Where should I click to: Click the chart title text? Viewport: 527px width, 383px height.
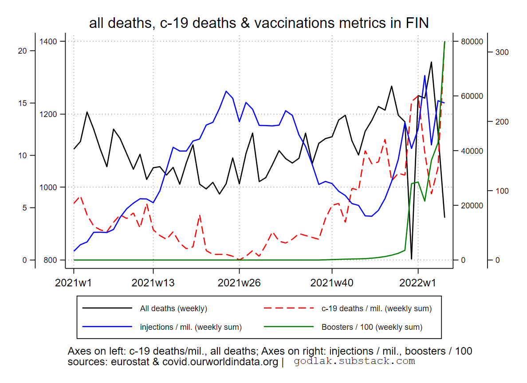point(259,23)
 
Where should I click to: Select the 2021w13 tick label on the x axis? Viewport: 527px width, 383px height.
point(153,282)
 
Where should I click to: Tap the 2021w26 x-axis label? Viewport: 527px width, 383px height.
point(239,282)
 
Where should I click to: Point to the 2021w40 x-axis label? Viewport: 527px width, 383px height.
point(332,282)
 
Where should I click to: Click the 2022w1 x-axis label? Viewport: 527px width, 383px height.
point(418,282)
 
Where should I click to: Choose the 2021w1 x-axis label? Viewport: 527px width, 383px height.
point(74,282)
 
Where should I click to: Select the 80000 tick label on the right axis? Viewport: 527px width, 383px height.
point(468,42)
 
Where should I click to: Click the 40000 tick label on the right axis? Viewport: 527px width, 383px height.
point(468,151)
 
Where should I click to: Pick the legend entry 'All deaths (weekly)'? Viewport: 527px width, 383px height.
point(173,309)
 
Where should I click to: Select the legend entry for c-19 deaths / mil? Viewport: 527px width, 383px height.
point(376,309)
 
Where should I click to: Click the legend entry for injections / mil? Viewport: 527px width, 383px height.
point(191,327)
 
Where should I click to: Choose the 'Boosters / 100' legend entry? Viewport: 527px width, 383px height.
point(372,327)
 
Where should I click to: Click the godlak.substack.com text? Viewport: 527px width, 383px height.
point(354,361)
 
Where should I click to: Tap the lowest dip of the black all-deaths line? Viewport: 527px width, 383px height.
point(412,258)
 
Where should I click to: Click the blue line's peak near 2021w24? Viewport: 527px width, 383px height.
point(226,91)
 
